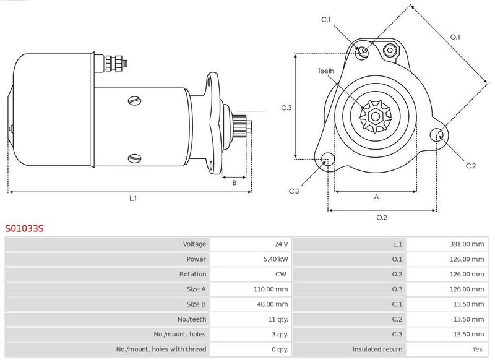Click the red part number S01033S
[x=24, y=228]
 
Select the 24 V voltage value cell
[x=281, y=244]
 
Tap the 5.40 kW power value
[x=275, y=259]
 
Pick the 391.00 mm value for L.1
[x=467, y=244]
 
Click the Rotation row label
[x=192, y=274]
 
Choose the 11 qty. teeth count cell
[x=278, y=319]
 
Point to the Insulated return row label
[x=377, y=349]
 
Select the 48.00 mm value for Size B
[x=272, y=304]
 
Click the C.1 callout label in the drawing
[x=326, y=20]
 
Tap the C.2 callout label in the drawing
[x=471, y=166]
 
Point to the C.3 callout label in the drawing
[x=293, y=191]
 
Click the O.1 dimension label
[x=455, y=37]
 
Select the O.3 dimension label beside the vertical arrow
[x=286, y=108]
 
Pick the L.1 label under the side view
[x=133, y=199]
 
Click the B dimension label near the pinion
[x=235, y=182]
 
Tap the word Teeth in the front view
[x=326, y=71]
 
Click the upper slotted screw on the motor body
[x=135, y=101]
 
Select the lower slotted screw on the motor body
[x=135, y=158]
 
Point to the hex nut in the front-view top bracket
[x=390, y=50]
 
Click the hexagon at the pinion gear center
[x=376, y=116]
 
